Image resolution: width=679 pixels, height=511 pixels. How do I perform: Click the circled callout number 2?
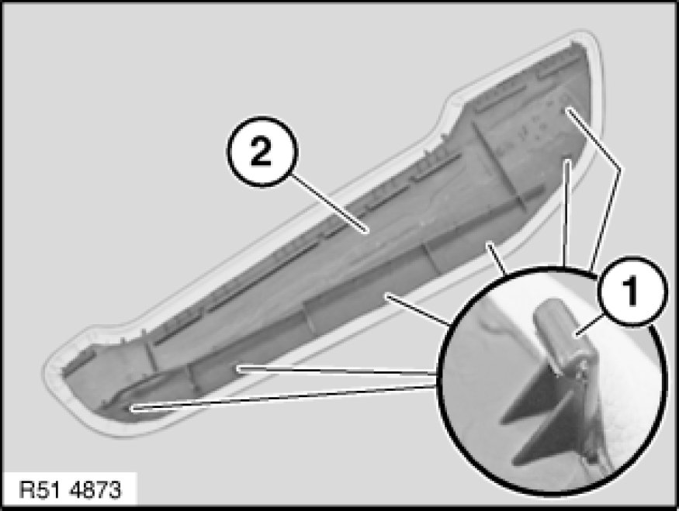click(x=262, y=151)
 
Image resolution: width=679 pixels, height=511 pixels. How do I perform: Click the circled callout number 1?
click(x=632, y=291)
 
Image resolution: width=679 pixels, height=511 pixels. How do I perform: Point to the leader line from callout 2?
click(x=330, y=202)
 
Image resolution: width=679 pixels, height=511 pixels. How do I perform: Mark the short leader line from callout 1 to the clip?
click(x=590, y=326)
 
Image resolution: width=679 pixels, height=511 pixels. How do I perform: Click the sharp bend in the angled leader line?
click(x=619, y=169)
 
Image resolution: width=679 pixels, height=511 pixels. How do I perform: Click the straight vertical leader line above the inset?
click(x=566, y=212)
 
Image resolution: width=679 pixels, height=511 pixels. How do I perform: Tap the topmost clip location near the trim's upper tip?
click(x=566, y=111)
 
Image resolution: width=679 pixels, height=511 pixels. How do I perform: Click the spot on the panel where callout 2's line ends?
click(x=368, y=232)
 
